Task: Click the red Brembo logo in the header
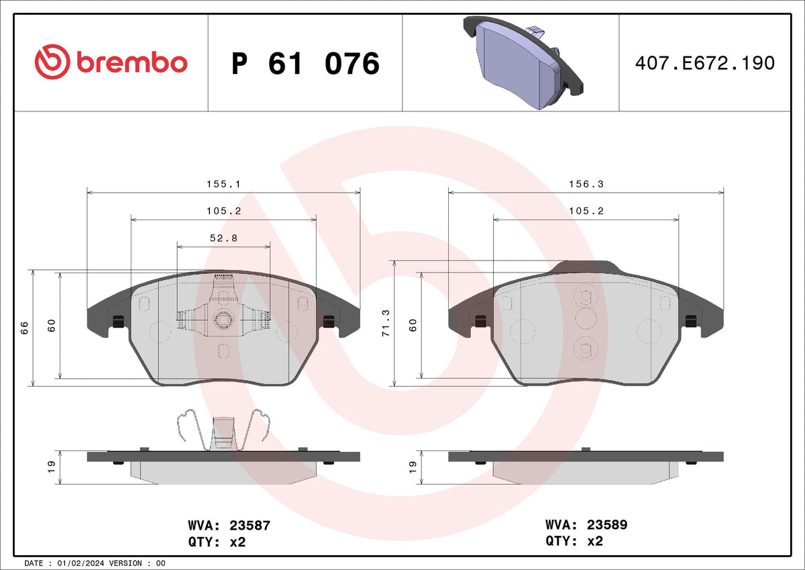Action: pyautogui.click(x=111, y=62)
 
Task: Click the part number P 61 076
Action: pyautogui.click(x=305, y=63)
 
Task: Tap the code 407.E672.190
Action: pyautogui.click(x=705, y=63)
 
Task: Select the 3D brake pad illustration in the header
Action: pyautogui.click(x=523, y=62)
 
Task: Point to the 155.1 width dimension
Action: pyautogui.click(x=223, y=184)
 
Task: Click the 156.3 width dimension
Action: pyautogui.click(x=586, y=184)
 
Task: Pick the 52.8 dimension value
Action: pyautogui.click(x=223, y=238)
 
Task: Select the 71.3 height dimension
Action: pyautogui.click(x=386, y=323)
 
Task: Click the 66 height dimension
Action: pyautogui.click(x=24, y=328)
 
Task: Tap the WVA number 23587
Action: pyautogui.click(x=250, y=526)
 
